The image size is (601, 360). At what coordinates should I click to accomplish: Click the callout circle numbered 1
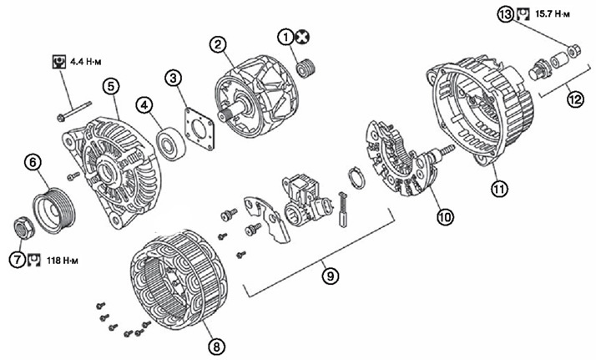coord(285,38)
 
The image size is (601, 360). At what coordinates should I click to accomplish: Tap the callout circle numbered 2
coord(217,45)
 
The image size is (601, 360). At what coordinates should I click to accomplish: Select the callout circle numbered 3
coord(174,79)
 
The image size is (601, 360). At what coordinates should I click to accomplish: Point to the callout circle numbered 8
coord(216,347)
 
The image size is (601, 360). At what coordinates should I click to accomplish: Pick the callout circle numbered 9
coord(331,276)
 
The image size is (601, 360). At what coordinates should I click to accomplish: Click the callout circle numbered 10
coord(445,217)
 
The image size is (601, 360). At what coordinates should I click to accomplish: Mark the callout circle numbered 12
coord(575,99)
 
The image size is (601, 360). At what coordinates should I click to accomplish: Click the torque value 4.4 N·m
coord(86,61)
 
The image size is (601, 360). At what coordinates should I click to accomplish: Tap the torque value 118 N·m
coord(62,261)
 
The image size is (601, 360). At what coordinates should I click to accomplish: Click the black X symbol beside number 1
coord(303,38)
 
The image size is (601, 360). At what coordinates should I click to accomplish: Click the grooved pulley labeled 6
coord(53,210)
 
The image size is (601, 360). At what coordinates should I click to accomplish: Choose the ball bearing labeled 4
coord(172,144)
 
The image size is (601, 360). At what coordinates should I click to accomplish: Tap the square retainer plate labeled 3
coord(199,129)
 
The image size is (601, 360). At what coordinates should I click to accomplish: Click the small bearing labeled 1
coord(306,68)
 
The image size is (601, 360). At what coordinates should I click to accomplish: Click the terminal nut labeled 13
coord(573,51)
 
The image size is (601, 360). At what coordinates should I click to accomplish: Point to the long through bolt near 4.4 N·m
coord(74,111)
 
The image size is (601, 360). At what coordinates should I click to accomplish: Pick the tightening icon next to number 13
coord(523,14)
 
